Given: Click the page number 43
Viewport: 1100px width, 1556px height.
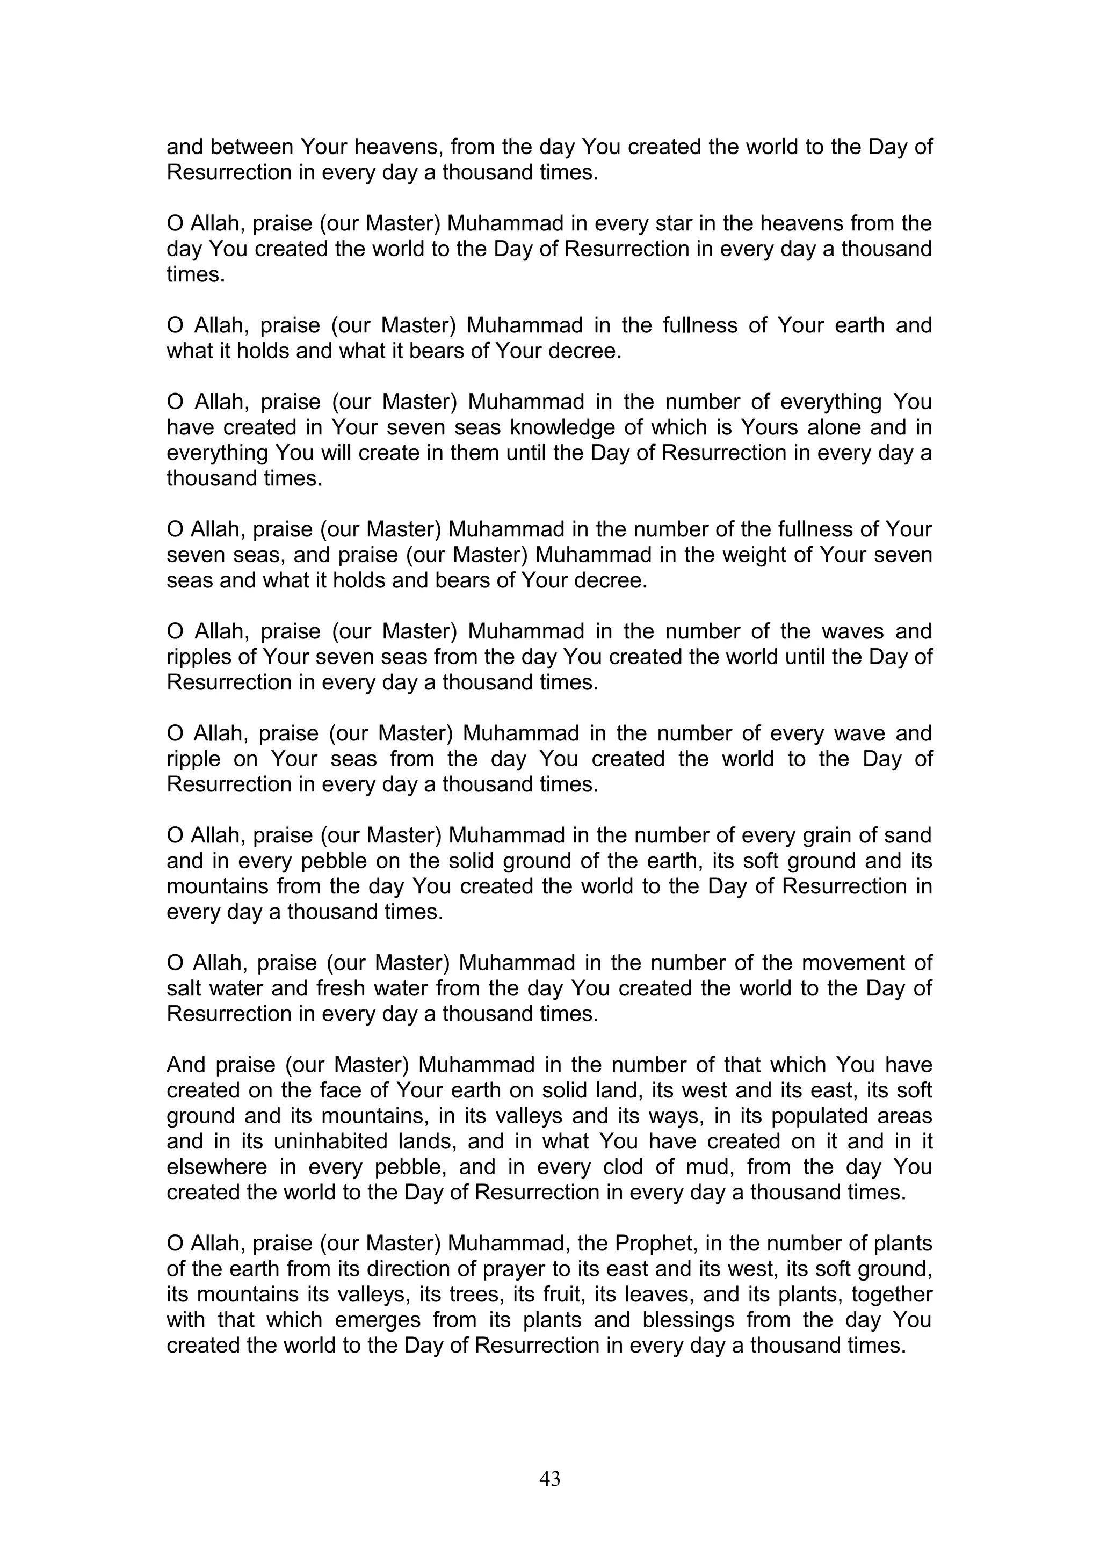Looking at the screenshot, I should (549, 1478).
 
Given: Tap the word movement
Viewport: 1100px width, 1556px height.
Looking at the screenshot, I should (850, 963).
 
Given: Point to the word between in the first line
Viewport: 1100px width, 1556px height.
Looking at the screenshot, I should (252, 147).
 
